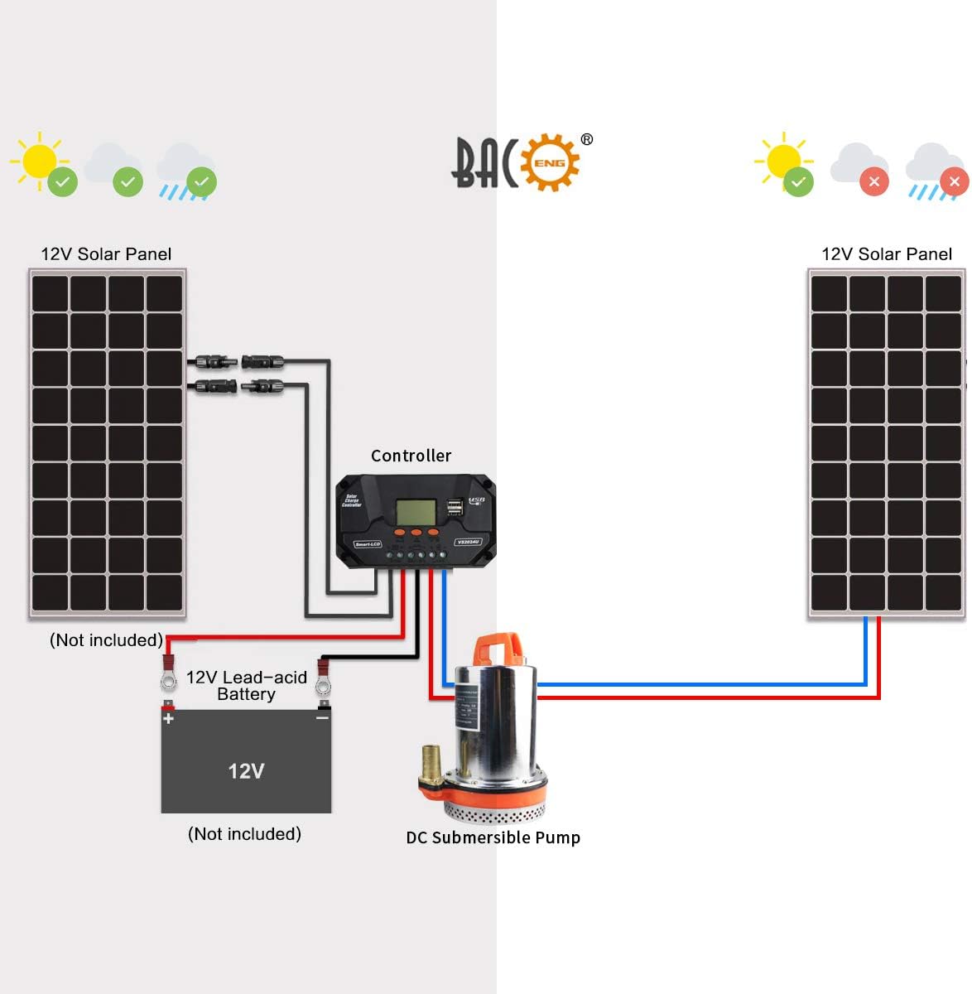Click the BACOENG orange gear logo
(550, 162)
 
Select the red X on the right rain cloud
(954, 181)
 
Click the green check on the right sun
(798, 181)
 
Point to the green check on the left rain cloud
(201, 181)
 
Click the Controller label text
(411, 456)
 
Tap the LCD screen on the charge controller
(415, 512)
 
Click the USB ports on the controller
(455, 507)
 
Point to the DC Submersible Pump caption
(493, 837)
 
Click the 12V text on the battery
(246, 771)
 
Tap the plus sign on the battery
(169, 718)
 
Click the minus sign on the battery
(322, 718)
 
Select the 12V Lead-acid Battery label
(246, 686)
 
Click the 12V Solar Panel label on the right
(886, 254)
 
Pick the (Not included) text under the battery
(244, 834)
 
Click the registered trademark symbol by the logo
(586, 139)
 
